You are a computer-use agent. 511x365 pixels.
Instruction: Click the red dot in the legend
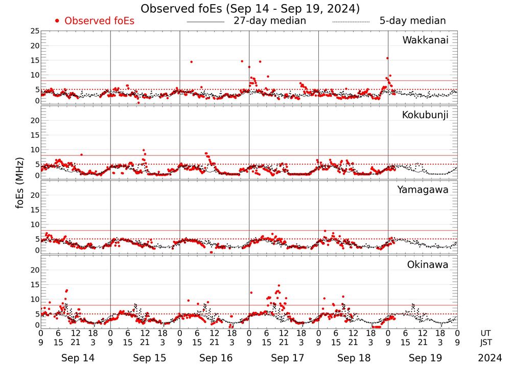tap(57, 21)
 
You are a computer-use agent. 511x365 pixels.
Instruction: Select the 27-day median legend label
tap(269, 21)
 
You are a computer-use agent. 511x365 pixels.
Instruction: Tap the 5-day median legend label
tap(412, 21)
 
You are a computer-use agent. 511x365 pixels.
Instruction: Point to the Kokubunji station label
tap(425, 115)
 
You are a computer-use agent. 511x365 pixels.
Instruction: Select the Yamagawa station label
tap(423, 190)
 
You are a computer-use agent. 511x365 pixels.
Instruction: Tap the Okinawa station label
tap(428, 265)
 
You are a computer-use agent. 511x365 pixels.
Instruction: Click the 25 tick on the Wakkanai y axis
tap(34, 31)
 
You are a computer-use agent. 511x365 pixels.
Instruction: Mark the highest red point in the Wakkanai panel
tap(387, 58)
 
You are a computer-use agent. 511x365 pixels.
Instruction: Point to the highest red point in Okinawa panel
tap(278, 286)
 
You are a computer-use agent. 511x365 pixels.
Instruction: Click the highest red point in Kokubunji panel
tap(144, 150)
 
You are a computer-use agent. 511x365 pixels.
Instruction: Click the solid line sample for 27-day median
tap(205, 22)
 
